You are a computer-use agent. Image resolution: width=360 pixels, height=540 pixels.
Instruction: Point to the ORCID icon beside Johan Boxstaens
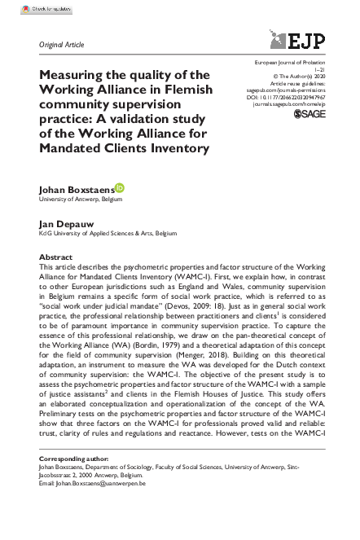(x=120, y=188)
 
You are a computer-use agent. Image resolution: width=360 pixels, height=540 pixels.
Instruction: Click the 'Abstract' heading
(x=55, y=257)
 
